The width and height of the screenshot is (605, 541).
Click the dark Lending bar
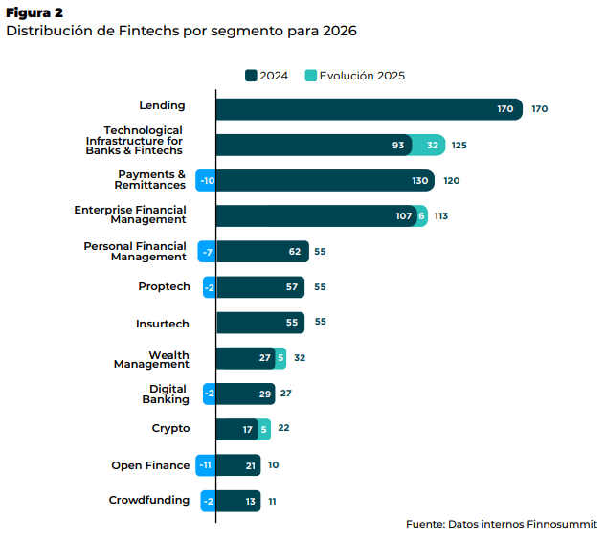369,109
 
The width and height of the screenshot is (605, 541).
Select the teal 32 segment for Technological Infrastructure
432,145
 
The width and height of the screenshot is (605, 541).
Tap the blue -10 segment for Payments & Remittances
206,180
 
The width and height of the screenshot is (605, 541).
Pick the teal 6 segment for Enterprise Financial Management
422,215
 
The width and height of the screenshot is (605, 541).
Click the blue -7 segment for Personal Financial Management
206,252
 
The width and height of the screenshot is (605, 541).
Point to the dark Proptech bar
259,286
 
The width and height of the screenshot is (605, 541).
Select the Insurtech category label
163,323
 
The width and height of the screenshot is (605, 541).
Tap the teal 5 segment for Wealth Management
280,357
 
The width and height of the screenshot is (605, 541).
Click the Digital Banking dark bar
245,394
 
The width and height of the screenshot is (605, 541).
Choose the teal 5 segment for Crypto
264,429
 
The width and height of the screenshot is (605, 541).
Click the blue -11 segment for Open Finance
205,465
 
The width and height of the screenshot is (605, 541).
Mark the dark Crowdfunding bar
237,501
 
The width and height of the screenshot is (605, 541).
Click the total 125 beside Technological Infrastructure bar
459,146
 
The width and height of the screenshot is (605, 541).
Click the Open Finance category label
150,465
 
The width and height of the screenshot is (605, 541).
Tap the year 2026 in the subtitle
338,31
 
